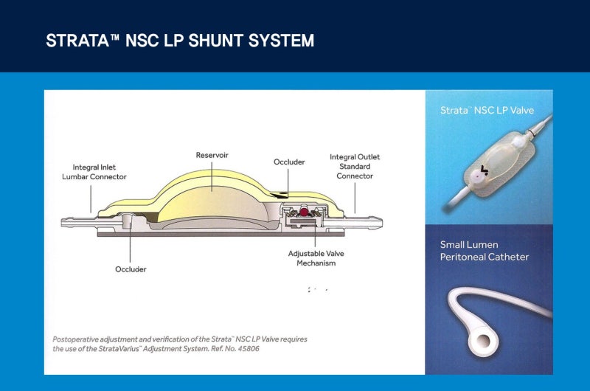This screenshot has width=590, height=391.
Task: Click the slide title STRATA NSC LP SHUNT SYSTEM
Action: click(x=180, y=40)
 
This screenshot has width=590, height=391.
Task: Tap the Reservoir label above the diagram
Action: click(x=212, y=156)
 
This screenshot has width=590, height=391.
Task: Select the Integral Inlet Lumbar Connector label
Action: click(x=100, y=172)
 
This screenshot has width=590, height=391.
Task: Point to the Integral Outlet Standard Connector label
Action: click(x=355, y=167)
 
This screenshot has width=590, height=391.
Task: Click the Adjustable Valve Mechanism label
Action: click(x=316, y=258)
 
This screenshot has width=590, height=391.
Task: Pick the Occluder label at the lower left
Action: click(x=131, y=269)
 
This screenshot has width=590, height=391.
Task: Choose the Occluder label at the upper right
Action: click(x=288, y=162)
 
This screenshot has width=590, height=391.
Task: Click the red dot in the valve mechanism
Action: click(x=302, y=212)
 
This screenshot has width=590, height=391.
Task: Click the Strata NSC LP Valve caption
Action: click(x=487, y=111)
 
